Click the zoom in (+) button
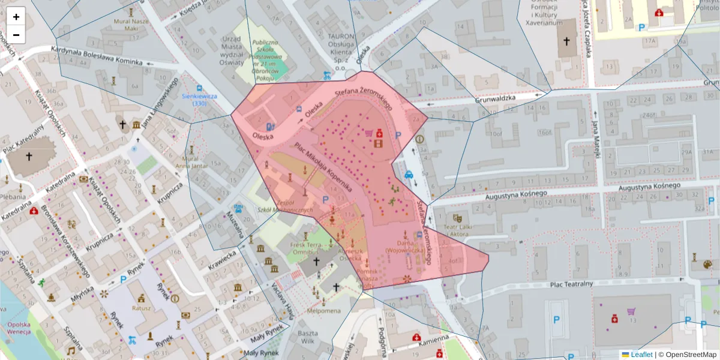(x=16, y=17)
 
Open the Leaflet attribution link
(x=641, y=355)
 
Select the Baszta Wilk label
(x=308, y=337)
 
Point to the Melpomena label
(x=323, y=311)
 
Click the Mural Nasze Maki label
(x=130, y=25)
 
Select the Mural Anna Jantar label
(x=191, y=163)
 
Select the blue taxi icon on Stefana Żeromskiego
(x=409, y=175)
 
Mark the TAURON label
(x=342, y=36)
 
